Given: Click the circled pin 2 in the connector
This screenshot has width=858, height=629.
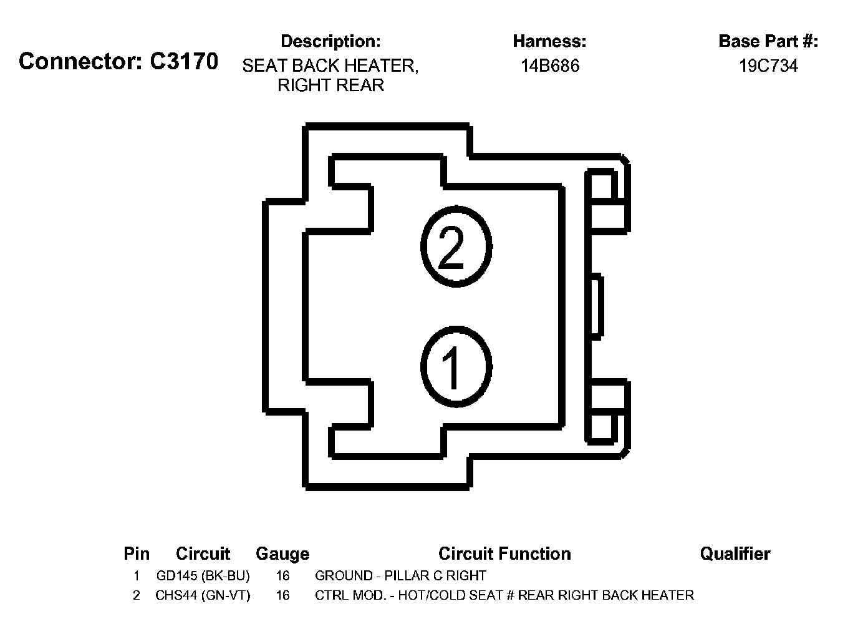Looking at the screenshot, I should pos(456,246).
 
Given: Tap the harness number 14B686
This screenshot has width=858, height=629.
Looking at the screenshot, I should pos(550,66).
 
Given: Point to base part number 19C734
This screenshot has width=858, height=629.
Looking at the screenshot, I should pos(768,66).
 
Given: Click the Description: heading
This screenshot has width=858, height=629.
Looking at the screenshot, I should pos(330,41).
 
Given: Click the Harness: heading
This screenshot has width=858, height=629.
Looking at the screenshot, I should pos(549,41).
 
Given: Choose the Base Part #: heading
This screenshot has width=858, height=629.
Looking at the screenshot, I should pos(768,41).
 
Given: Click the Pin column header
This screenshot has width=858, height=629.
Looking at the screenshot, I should pos(137,553).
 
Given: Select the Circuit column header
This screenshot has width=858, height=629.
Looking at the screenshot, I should pos(203,553).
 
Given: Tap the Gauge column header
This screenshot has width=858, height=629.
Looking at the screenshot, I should pos(282,553).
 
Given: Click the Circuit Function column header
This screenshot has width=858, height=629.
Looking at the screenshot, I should pos(504,553).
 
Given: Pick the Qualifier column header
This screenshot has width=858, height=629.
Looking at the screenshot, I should pos(735,553).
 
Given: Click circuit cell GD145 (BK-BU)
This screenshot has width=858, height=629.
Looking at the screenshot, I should pos(203,575).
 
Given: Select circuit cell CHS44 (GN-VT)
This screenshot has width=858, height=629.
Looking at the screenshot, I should pos(203,595).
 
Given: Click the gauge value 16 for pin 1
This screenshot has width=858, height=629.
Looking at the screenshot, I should pos(282,575).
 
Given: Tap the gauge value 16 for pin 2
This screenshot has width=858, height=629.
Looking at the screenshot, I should pos(282,595).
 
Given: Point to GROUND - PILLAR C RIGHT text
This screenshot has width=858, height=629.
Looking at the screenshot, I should pos(400,575).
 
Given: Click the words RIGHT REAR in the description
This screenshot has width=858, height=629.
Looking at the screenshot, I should pos(330,85).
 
